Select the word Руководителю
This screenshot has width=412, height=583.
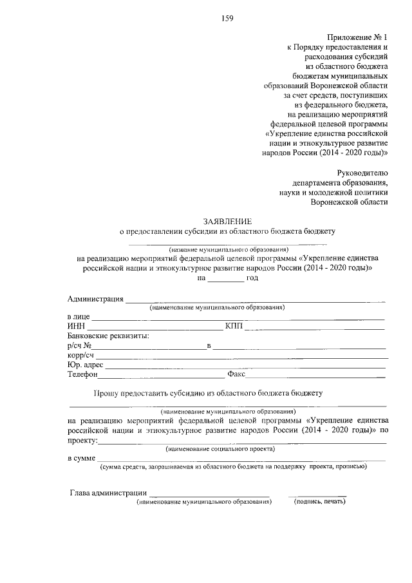coord(363,172)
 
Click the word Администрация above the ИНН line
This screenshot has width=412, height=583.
coord(95,299)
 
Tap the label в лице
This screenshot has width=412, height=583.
coord(79,318)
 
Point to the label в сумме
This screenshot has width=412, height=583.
coord(81,458)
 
